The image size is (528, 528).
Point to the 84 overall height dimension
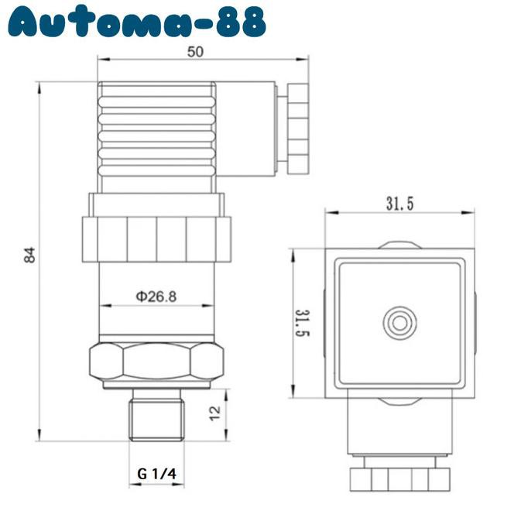pos(29,255)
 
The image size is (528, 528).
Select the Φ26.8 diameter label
pos(156,296)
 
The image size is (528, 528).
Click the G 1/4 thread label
pos(157,473)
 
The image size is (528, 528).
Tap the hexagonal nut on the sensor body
pos(157,360)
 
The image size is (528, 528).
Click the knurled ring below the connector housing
pos(156,239)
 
